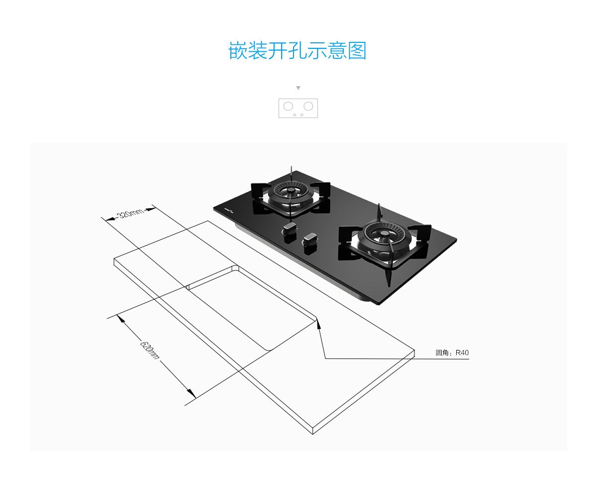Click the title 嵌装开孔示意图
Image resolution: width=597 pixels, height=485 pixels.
298,51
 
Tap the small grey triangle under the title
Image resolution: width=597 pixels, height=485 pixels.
298,88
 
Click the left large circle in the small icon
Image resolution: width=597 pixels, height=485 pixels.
288,106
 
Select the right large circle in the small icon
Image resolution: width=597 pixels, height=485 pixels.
308,106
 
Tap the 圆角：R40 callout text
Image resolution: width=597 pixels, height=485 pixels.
452,353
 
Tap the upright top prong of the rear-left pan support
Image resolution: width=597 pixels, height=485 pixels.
291,171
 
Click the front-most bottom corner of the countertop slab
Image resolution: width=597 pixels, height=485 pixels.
312,434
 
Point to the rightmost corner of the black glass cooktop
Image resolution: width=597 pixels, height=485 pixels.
456,240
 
